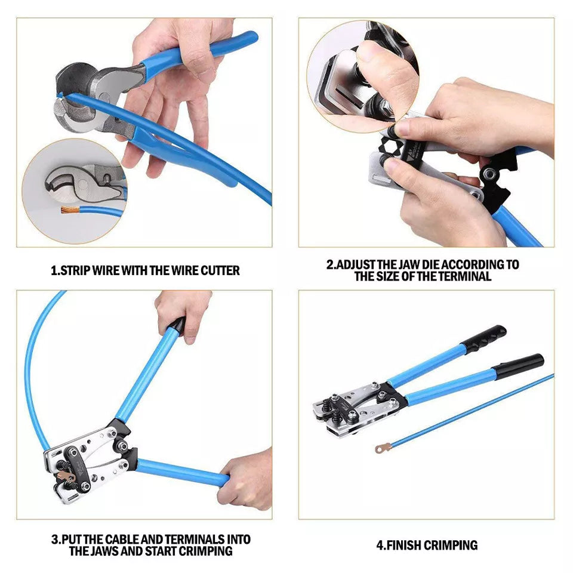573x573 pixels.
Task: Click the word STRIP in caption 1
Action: coord(78,270)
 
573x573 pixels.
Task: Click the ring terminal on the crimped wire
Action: coord(380,447)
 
